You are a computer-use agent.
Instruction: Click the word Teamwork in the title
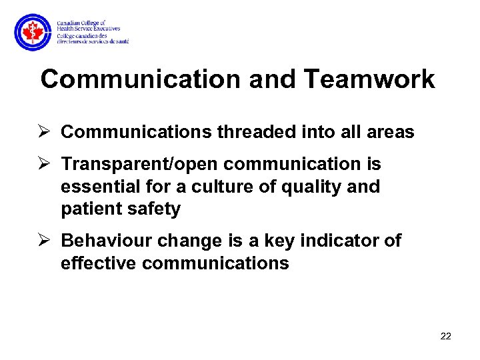(369, 79)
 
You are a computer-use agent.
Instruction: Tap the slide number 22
(446, 336)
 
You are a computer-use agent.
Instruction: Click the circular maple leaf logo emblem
(32, 31)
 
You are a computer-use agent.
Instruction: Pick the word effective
(99, 263)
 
